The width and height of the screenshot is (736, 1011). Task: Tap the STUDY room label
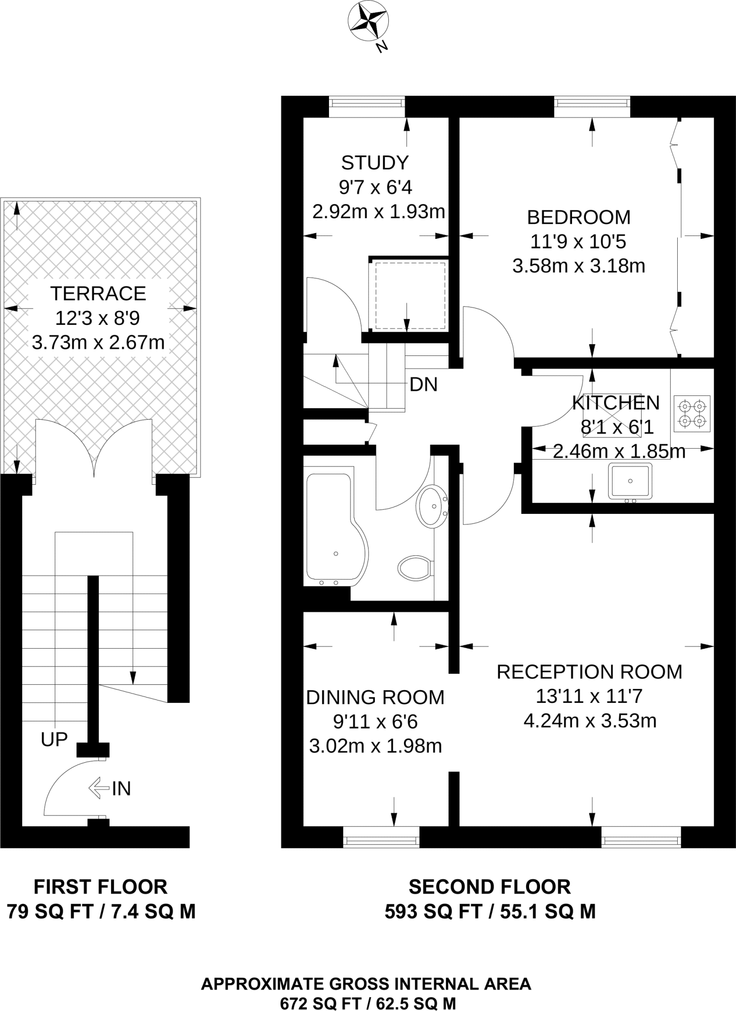[x=375, y=162]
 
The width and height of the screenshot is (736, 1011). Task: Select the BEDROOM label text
[x=578, y=217]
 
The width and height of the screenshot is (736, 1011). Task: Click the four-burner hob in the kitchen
[x=692, y=414]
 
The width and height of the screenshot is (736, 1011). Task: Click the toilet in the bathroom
[x=416, y=568]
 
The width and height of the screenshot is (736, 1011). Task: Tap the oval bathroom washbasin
[x=432, y=506]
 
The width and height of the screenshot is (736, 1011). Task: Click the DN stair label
[x=424, y=385]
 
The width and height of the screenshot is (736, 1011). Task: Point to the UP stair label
[x=54, y=739]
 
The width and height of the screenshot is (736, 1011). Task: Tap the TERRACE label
[x=98, y=293]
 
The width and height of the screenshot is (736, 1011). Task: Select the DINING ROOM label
[x=375, y=697]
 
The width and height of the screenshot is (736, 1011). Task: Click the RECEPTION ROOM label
[x=589, y=672]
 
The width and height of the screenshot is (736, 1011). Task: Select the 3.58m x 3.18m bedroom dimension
[x=578, y=266]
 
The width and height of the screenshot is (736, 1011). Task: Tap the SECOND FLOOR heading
[x=490, y=887]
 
